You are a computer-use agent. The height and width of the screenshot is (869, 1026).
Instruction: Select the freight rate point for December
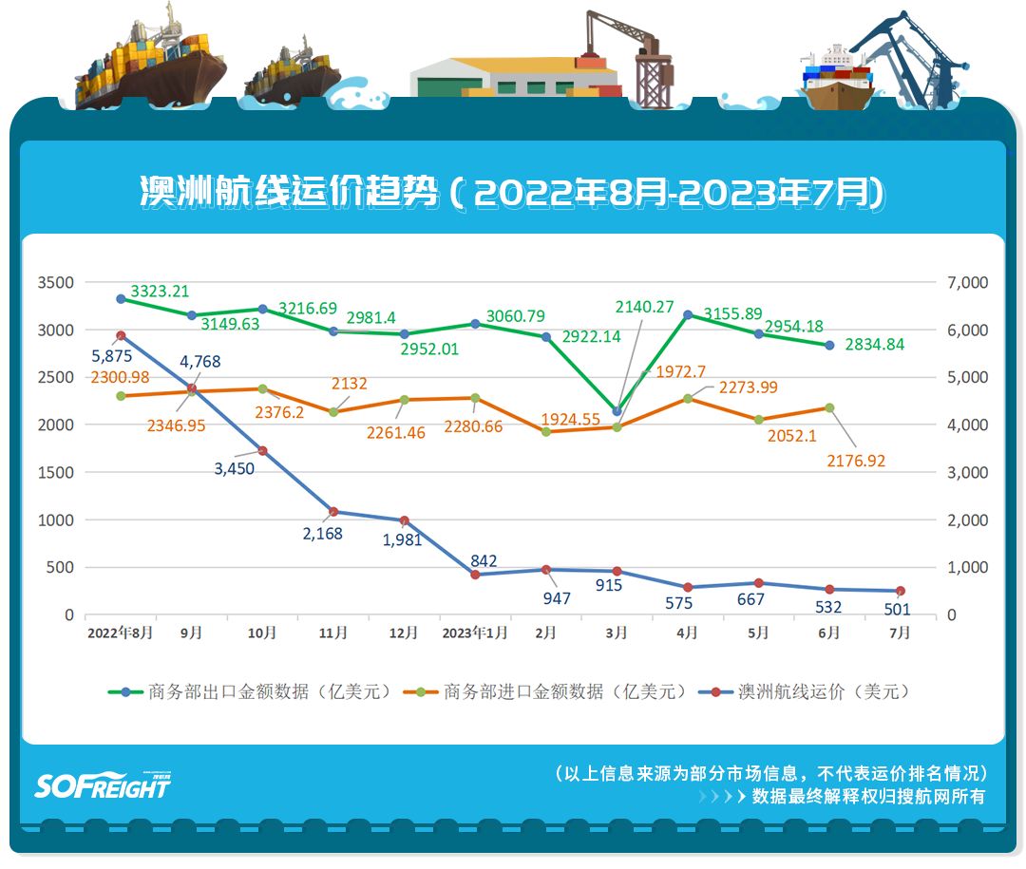[x=405, y=520]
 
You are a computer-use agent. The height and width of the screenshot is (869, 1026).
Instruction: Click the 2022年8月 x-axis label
[x=120, y=633]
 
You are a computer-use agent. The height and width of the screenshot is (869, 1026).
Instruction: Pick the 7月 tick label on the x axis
[x=898, y=633]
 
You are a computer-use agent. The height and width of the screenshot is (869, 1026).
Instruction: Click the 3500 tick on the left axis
[x=55, y=283]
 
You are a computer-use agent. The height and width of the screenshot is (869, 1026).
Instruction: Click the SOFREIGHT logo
[x=103, y=785]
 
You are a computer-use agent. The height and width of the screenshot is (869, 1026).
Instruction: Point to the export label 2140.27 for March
[x=644, y=308]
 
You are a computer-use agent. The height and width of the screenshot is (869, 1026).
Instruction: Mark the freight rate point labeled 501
[x=900, y=591]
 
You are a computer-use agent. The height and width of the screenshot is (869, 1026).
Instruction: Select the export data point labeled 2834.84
[x=829, y=346]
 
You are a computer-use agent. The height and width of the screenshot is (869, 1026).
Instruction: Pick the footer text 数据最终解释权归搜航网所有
[x=868, y=797]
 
